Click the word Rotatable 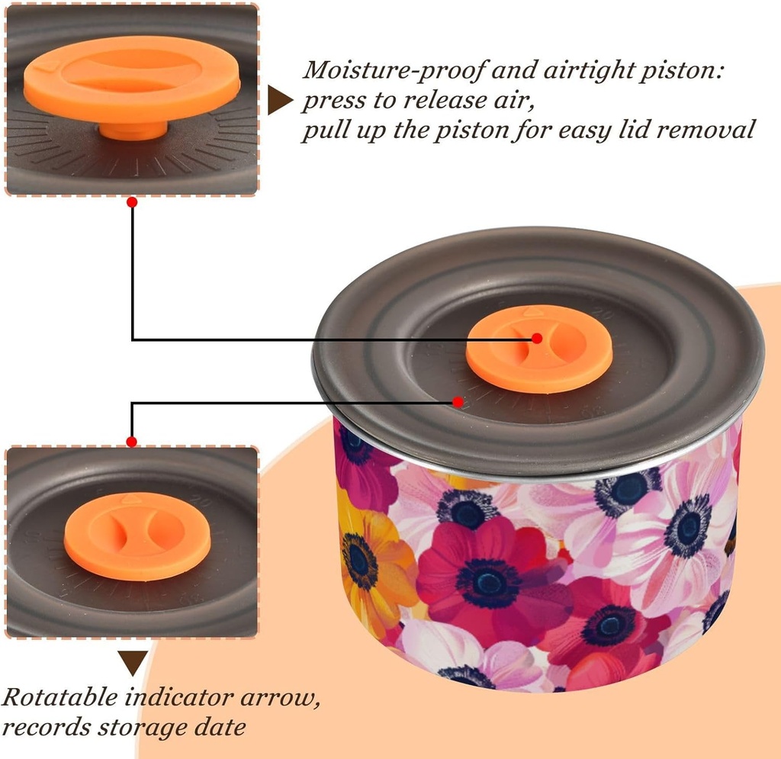pyautogui.click(x=59, y=697)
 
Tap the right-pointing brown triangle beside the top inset pyautogui.click(x=280, y=100)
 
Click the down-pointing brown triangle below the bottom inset pyautogui.click(x=133, y=663)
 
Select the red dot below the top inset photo pyautogui.click(x=132, y=202)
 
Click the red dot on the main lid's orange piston pyautogui.click(x=537, y=338)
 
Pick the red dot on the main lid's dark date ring pyautogui.click(x=458, y=401)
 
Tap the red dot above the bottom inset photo pyautogui.click(x=131, y=442)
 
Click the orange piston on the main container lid pyautogui.click(x=539, y=349)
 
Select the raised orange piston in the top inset pyautogui.click(x=132, y=79)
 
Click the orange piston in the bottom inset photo pyautogui.click(x=137, y=536)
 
